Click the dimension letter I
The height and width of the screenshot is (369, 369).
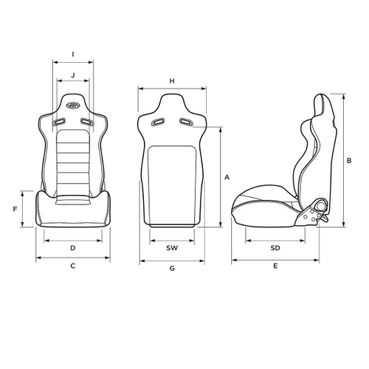click(72, 54)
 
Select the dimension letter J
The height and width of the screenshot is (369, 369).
click(72, 76)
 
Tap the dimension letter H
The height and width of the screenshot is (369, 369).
click(171, 80)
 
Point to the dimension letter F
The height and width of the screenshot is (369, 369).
click(15, 210)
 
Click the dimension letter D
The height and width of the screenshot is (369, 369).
click(72, 247)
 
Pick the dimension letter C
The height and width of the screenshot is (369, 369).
click(72, 266)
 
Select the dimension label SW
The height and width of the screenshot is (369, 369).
click(171, 247)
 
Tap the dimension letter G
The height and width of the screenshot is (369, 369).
click(171, 269)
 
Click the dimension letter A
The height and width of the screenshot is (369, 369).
click(227, 178)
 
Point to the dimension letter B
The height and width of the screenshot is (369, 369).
click(349, 159)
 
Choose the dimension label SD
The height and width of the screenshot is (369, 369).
click(275, 247)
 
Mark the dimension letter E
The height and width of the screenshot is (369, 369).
click(275, 266)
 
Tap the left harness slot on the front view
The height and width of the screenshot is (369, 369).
click(58, 122)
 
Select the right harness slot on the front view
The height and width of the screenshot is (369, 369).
click(87, 122)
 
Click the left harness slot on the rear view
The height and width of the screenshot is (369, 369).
click(156, 123)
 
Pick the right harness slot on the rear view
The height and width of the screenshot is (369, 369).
click(186, 123)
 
